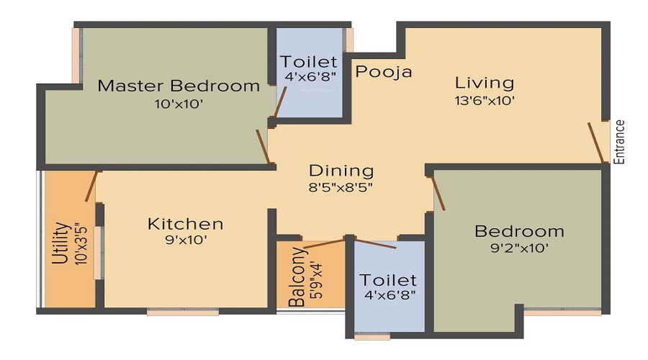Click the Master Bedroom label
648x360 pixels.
pos(179,86)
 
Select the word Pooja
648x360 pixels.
pos(384,72)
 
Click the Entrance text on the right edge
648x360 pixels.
pos(619,142)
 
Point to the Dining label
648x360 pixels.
pos(341,171)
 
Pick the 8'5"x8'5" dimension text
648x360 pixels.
pos(341,188)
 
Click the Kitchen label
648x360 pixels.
pos(185,224)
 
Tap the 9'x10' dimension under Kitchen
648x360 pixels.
pos(185,241)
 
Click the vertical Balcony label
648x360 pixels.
pos(295,278)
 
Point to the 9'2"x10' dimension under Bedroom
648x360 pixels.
pos(518,249)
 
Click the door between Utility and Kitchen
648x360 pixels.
pos(91,186)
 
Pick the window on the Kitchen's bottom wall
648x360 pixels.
pos(183,312)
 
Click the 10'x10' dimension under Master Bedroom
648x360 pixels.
pos(179,104)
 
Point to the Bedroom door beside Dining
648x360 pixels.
pos(438,194)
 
